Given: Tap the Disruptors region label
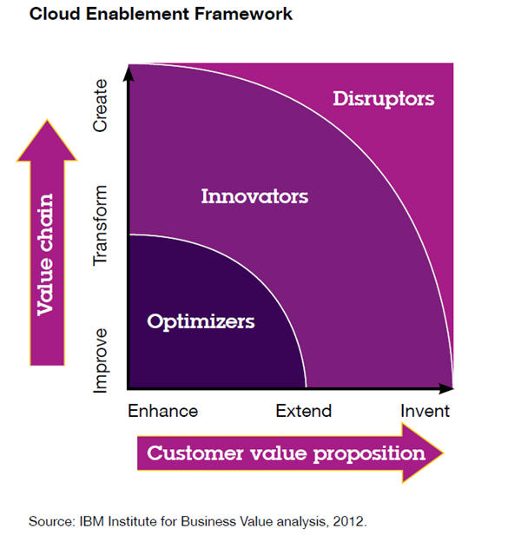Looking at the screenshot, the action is point(383,98).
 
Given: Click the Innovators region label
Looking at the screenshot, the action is point(254,196).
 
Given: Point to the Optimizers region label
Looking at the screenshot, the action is point(201,321).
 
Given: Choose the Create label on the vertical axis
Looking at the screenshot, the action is point(100,106).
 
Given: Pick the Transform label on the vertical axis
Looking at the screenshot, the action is point(100,225).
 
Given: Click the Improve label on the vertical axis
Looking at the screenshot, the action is point(100,360).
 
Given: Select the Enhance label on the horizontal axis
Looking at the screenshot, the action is point(162,411).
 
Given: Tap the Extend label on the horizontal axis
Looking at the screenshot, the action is point(304,411).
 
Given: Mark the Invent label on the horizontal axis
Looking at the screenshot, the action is point(425,411).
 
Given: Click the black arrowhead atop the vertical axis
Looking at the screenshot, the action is point(128,73).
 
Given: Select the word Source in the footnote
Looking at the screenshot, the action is point(49,522).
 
